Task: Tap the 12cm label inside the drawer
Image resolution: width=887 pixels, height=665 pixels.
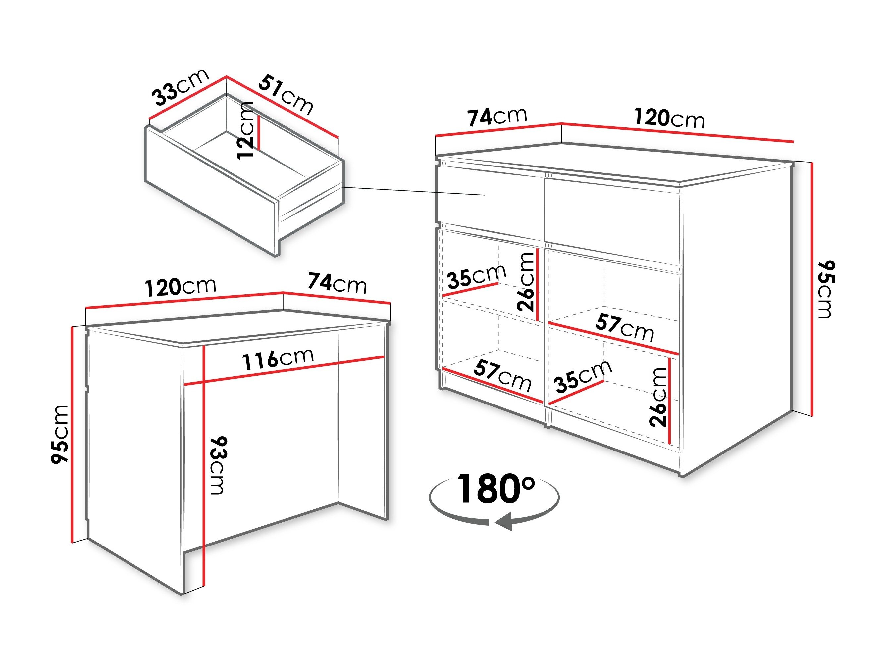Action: pos(245,130)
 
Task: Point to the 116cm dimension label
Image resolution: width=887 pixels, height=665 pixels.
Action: pos(278,359)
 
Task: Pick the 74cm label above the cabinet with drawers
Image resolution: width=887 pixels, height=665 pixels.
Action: pos(497,117)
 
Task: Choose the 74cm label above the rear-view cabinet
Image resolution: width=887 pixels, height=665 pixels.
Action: pos(337,283)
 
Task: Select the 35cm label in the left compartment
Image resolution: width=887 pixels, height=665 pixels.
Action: pos(476,276)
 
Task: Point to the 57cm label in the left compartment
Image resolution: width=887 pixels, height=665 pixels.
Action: pos(502,376)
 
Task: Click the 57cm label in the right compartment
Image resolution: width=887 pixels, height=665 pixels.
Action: pos(625,327)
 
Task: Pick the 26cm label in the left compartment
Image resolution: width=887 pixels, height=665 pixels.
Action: pos(526,282)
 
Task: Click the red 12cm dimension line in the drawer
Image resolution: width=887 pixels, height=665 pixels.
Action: pos(259,133)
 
